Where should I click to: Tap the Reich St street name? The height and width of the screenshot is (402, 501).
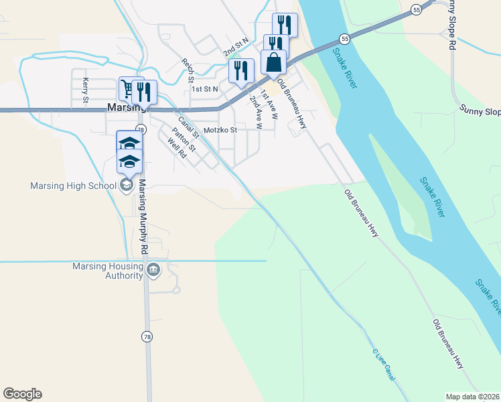point(187,70)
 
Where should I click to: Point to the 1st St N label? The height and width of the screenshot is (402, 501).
point(205,88)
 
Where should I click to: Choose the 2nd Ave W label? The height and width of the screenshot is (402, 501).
point(255,109)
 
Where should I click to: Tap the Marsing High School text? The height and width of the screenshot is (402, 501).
point(68,186)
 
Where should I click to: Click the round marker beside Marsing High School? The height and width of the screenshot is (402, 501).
point(127,186)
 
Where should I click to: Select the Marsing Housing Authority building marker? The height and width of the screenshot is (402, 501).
point(153,270)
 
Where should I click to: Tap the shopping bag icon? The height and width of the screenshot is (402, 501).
point(273,62)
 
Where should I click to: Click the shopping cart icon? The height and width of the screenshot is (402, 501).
point(127,88)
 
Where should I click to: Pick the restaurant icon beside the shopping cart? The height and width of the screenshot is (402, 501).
point(144,92)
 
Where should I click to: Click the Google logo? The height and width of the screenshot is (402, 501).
point(22,394)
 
